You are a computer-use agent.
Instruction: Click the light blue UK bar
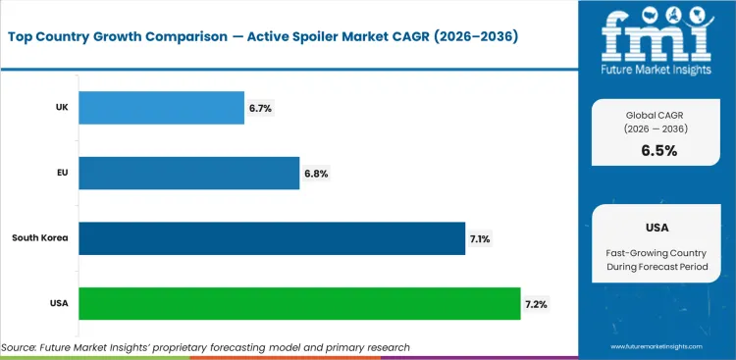[161, 108]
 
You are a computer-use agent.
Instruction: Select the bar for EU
[188, 173]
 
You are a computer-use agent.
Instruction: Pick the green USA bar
[299, 303]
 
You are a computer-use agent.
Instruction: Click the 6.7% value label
[260, 108]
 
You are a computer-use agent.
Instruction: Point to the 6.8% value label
[316, 173]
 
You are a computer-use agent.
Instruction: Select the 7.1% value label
[482, 238]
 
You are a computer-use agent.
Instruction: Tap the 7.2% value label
[537, 303]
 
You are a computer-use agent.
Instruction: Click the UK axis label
[60, 108]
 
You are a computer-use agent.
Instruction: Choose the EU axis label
[60, 173]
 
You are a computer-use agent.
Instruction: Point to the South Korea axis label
[40, 238]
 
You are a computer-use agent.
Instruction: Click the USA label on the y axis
[57, 303]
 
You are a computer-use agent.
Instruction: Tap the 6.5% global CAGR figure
[657, 150]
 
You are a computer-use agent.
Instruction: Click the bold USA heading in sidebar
[657, 228]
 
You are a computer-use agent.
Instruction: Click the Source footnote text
[205, 347]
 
